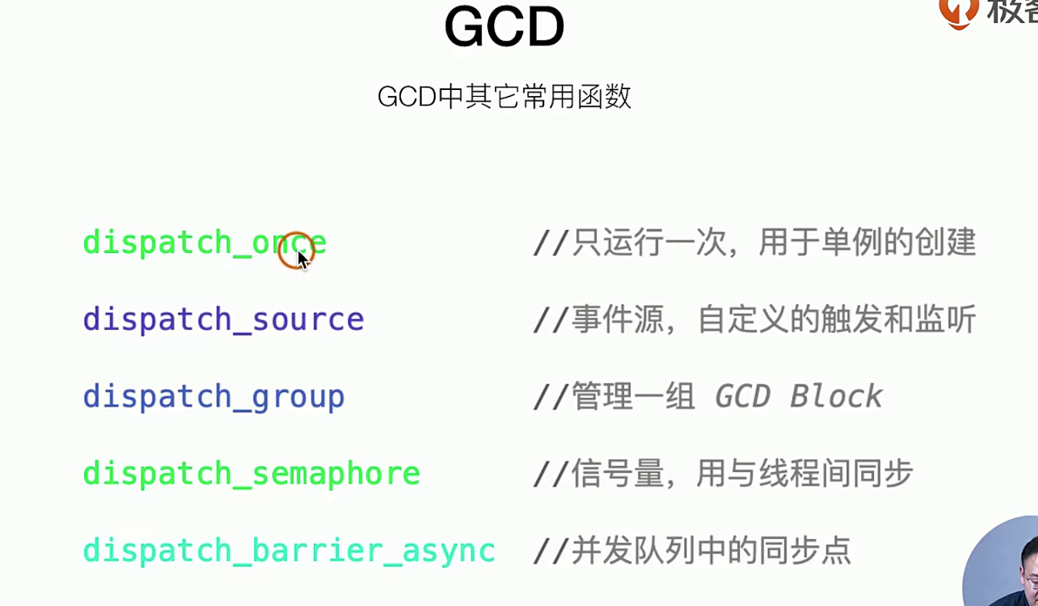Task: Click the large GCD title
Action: pyautogui.click(x=504, y=26)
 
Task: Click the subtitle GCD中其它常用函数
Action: pyautogui.click(x=504, y=97)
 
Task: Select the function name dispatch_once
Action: pyautogui.click(x=205, y=242)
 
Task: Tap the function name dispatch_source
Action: pyautogui.click(x=223, y=320)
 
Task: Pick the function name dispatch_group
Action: pyautogui.click(x=214, y=397)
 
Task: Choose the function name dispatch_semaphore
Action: pyautogui.click(x=252, y=474)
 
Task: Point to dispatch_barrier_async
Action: pyautogui.click(x=289, y=551)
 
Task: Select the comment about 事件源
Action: pyautogui.click(x=755, y=319)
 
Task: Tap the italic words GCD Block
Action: pyautogui.click(x=799, y=397)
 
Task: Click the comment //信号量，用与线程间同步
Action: pyautogui.click(x=723, y=474)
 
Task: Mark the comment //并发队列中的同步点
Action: pyautogui.click(x=693, y=551)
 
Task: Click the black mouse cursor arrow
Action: pyautogui.click(x=303, y=261)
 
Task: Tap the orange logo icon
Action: pyautogui.click(x=959, y=13)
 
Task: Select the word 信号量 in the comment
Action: pyautogui.click(x=618, y=474)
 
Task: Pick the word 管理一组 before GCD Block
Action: pyautogui.click(x=633, y=397)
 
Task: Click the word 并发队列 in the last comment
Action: pyautogui.click(x=633, y=551)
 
